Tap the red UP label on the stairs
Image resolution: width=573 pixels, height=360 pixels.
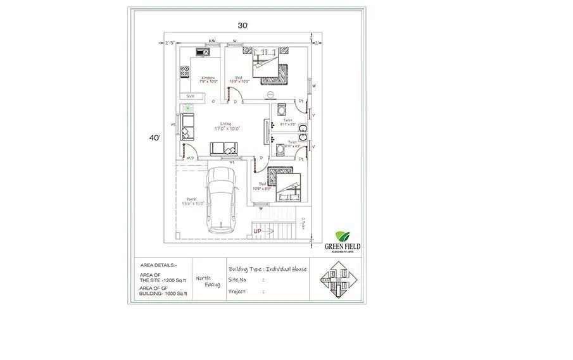point(258,232)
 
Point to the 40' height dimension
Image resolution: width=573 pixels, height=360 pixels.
point(155,137)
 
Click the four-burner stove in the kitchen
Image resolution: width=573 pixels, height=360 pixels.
point(185,71)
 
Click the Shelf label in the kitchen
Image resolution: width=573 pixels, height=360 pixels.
point(190,96)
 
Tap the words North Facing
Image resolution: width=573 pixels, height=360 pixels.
point(203,282)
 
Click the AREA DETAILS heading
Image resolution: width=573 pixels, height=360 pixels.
point(159,265)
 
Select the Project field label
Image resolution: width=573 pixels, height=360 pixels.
point(237,292)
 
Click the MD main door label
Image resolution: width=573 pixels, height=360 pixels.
point(189,158)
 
